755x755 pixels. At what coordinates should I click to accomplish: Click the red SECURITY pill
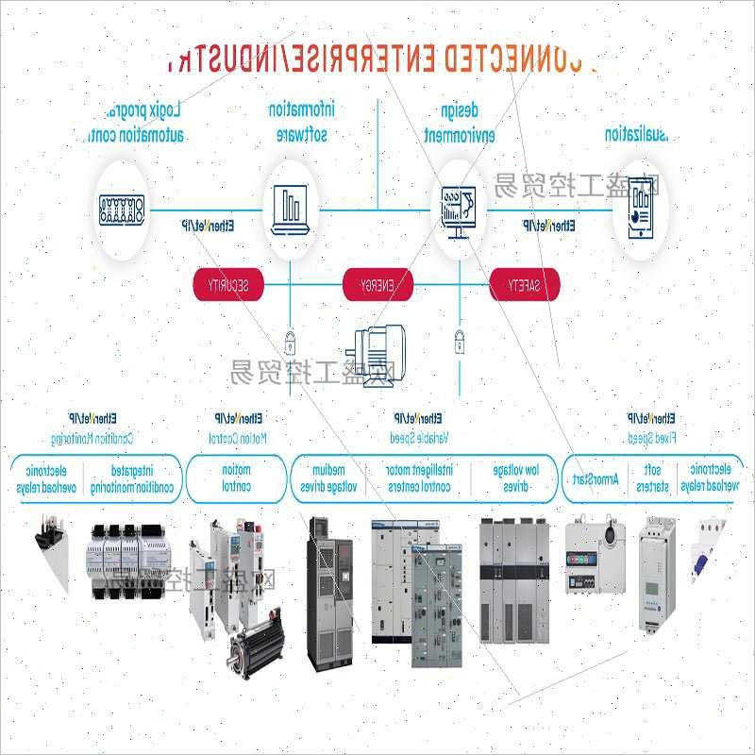click(227, 285)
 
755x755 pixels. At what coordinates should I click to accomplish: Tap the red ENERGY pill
click(377, 285)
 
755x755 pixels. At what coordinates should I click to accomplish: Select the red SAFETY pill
click(525, 285)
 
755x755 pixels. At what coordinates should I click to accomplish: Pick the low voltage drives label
click(516, 478)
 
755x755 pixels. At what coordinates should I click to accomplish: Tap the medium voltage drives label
click(328, 478)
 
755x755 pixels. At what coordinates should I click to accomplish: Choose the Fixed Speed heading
click(650, 438)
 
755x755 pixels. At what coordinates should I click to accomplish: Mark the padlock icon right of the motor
click(460, 338)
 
